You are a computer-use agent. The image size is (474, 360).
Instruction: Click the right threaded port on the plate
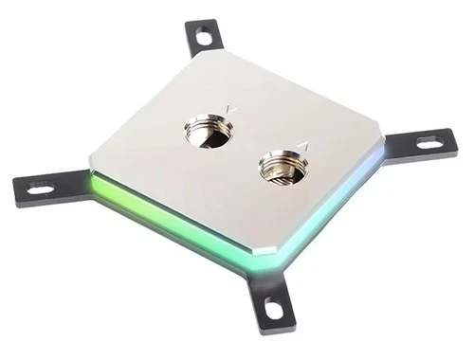[x=283, y=169]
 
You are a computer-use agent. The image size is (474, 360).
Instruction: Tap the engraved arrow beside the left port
[x=232, y=110]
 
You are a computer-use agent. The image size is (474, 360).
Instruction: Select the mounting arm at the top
[x=203, y=38]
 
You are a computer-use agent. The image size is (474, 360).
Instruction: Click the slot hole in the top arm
[x=203, y=38]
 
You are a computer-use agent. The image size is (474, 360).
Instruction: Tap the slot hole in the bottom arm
[x=272, y=308]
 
